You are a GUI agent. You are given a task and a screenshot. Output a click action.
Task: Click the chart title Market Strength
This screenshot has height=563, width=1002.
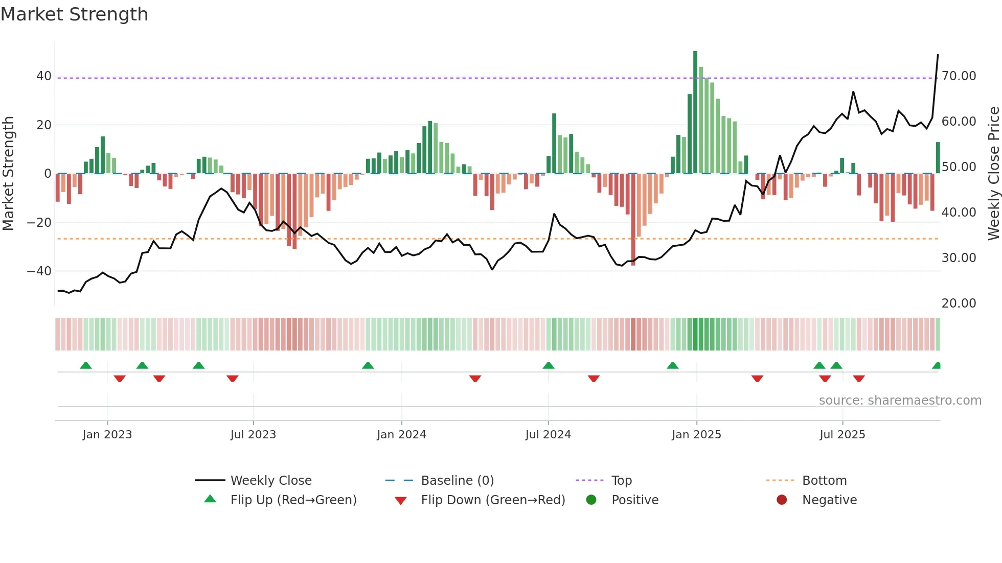coord(74,14)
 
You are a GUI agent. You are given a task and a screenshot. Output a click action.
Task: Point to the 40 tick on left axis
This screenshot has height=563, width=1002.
coord(43,76)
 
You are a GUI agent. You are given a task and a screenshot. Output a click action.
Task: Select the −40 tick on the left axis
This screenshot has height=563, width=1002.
coord(39,271)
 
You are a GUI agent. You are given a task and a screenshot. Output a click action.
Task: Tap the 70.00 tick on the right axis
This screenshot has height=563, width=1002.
coord(959,76)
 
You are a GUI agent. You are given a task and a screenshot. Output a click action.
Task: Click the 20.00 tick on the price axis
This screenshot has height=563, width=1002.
coord(959,303)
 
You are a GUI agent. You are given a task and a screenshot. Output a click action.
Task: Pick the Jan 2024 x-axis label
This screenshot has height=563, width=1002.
coord(401,435)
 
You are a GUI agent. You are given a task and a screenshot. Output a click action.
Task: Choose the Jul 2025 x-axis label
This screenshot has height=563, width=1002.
coord(842,435)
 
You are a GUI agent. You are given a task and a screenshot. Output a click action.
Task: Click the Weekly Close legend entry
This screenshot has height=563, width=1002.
coord(270,481)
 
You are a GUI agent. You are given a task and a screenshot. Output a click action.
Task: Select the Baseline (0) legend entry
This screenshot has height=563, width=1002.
coord(457,481)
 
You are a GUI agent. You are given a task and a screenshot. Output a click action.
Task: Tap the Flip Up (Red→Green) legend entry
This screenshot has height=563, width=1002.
coord(293,500)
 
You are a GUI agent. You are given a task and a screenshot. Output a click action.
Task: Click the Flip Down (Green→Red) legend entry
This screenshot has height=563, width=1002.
coord(493,500)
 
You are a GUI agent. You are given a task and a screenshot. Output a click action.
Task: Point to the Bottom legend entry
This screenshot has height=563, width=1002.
coord(824,481)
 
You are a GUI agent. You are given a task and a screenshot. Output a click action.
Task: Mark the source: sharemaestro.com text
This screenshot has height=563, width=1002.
coord(900,401)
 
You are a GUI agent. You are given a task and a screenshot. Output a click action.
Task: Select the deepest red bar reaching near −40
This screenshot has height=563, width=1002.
coord(633,220)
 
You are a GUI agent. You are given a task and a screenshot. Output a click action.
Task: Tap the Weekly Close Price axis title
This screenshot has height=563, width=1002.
coord(993,173)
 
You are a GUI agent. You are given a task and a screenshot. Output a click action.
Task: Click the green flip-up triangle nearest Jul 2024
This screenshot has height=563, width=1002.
coord(549,366)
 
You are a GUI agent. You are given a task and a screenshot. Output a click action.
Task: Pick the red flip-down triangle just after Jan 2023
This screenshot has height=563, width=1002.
coord(120,379)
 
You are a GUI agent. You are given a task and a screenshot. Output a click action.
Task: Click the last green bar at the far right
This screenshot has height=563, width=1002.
coord(938,157)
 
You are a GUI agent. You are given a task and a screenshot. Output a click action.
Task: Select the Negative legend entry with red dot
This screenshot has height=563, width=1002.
coord(829,500)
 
